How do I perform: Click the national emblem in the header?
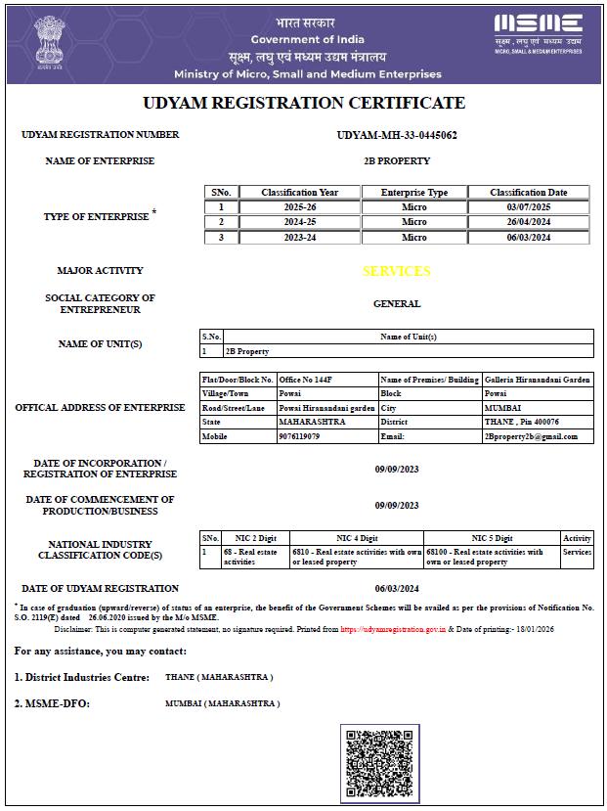pos(46,41)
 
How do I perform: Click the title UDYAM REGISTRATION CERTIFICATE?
pos(304,103)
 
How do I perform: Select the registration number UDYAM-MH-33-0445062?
pos(397,134)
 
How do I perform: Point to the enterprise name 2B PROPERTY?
pos(397,160)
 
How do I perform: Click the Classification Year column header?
pos(299,192)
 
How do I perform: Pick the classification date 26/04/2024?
pos(530,222)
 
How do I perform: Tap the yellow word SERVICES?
pos(396,271)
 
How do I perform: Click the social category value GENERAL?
pos(397,304)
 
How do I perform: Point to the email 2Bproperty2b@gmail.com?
pos(531,436)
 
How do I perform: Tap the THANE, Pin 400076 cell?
pos(522,422)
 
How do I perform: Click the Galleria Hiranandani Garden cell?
pos(537,380)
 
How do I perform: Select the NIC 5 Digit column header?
pos(492,538)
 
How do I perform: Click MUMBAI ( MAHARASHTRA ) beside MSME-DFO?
pos(223,703)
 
